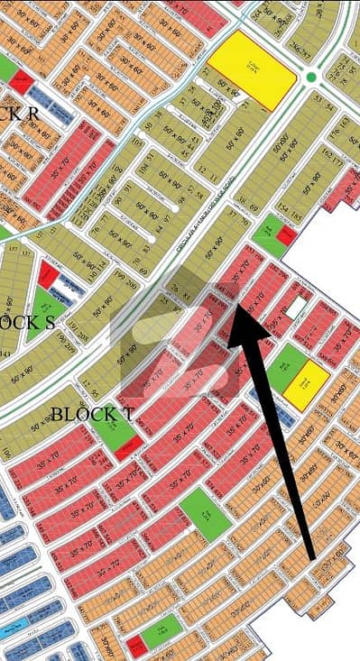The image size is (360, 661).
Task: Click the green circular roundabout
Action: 311,78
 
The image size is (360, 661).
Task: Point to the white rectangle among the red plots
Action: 294,308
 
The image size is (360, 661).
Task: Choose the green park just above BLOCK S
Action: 40,304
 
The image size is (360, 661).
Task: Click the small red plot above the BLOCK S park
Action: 50,275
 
